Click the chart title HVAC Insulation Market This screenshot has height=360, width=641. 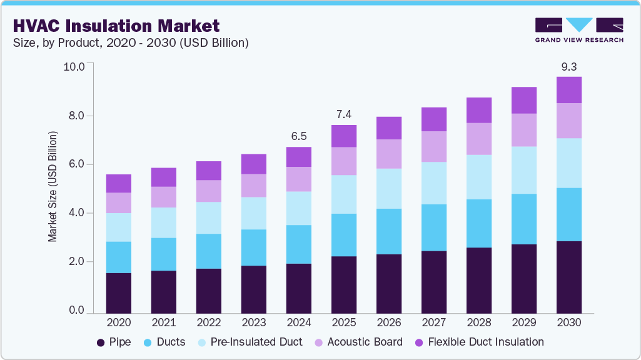(x=116, y=26)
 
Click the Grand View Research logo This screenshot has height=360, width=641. (x=578, y=30)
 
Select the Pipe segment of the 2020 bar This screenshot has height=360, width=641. (x=118, y=292)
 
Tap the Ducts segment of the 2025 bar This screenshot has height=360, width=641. (x=344, y=235)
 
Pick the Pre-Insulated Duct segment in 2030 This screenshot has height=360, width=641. (x=569, y=162)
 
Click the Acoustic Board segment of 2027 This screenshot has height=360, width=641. (x=433, y=146)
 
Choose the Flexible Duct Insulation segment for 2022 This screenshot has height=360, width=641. (x=208, y=171)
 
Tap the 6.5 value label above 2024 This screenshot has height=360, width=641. (x=299, y=136)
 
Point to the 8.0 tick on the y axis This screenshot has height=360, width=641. (x=76, y=116)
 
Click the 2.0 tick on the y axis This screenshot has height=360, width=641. (x=76, y=262)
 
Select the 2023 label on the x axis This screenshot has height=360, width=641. (x=253, y=322)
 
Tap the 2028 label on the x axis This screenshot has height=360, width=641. (x=478, y=322)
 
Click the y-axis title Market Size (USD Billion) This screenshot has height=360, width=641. (x=53, y=187)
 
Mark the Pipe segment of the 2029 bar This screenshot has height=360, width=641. (x=524, y=278)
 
